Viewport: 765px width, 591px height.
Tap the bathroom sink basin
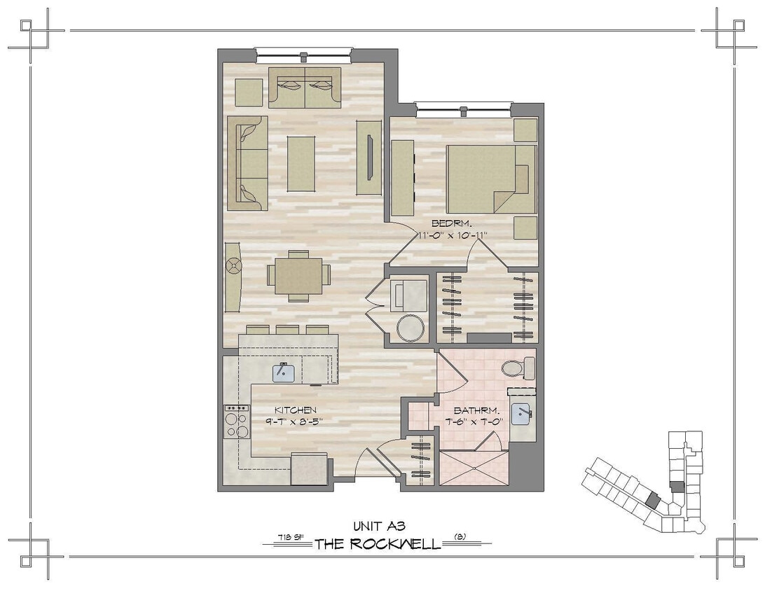[x=521, y=414]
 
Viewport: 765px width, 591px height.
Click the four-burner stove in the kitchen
[x=237, y=422]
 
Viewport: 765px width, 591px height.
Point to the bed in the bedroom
[x=490, y=179]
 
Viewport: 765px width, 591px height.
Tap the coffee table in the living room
[x=301, y=163]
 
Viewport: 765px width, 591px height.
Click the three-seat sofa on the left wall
[x=247, y=162]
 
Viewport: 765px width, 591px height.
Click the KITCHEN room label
[x=295, y=410]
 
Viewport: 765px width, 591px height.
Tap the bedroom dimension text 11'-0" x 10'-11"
[x=452, y=235]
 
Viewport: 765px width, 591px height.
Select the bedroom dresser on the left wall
[x=402, y=178]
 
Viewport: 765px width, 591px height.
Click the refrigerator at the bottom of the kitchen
[x=309, y=468]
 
